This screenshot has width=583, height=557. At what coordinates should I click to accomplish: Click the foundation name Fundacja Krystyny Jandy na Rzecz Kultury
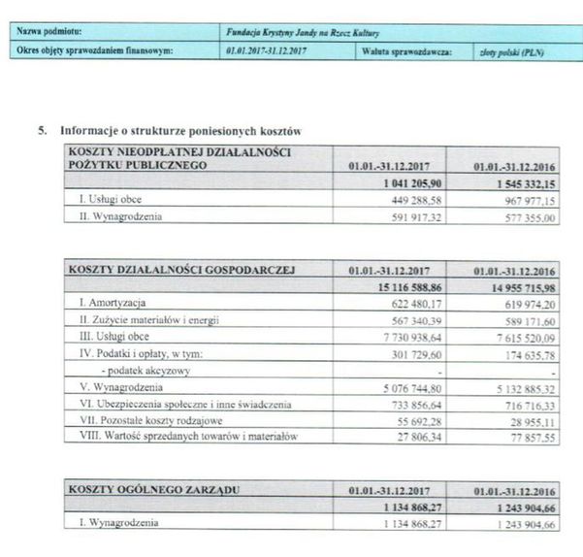coord(301,32)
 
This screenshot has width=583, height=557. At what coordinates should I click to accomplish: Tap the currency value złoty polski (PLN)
coord(511,51)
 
